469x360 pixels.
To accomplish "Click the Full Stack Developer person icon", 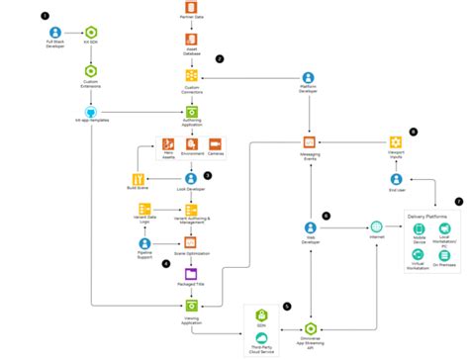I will point(56,31).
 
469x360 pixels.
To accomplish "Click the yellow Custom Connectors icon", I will point(192,76).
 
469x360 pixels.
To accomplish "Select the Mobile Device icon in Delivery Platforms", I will point(418,229).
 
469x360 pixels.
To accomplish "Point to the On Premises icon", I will point(444,255).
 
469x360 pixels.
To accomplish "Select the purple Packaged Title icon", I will point(192,274).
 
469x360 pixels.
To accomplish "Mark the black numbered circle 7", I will point(457,201).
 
